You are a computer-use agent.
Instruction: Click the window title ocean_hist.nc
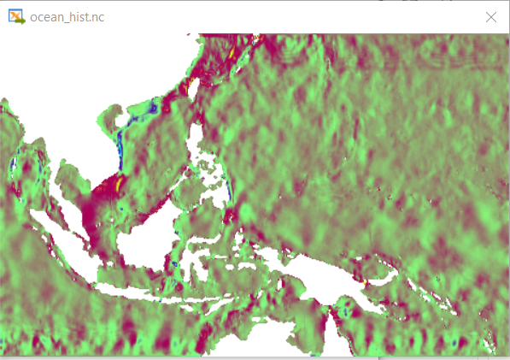pyautogui.click(x=67, y=17)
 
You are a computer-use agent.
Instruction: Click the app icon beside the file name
pyautogui.click(x=15, y=17)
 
